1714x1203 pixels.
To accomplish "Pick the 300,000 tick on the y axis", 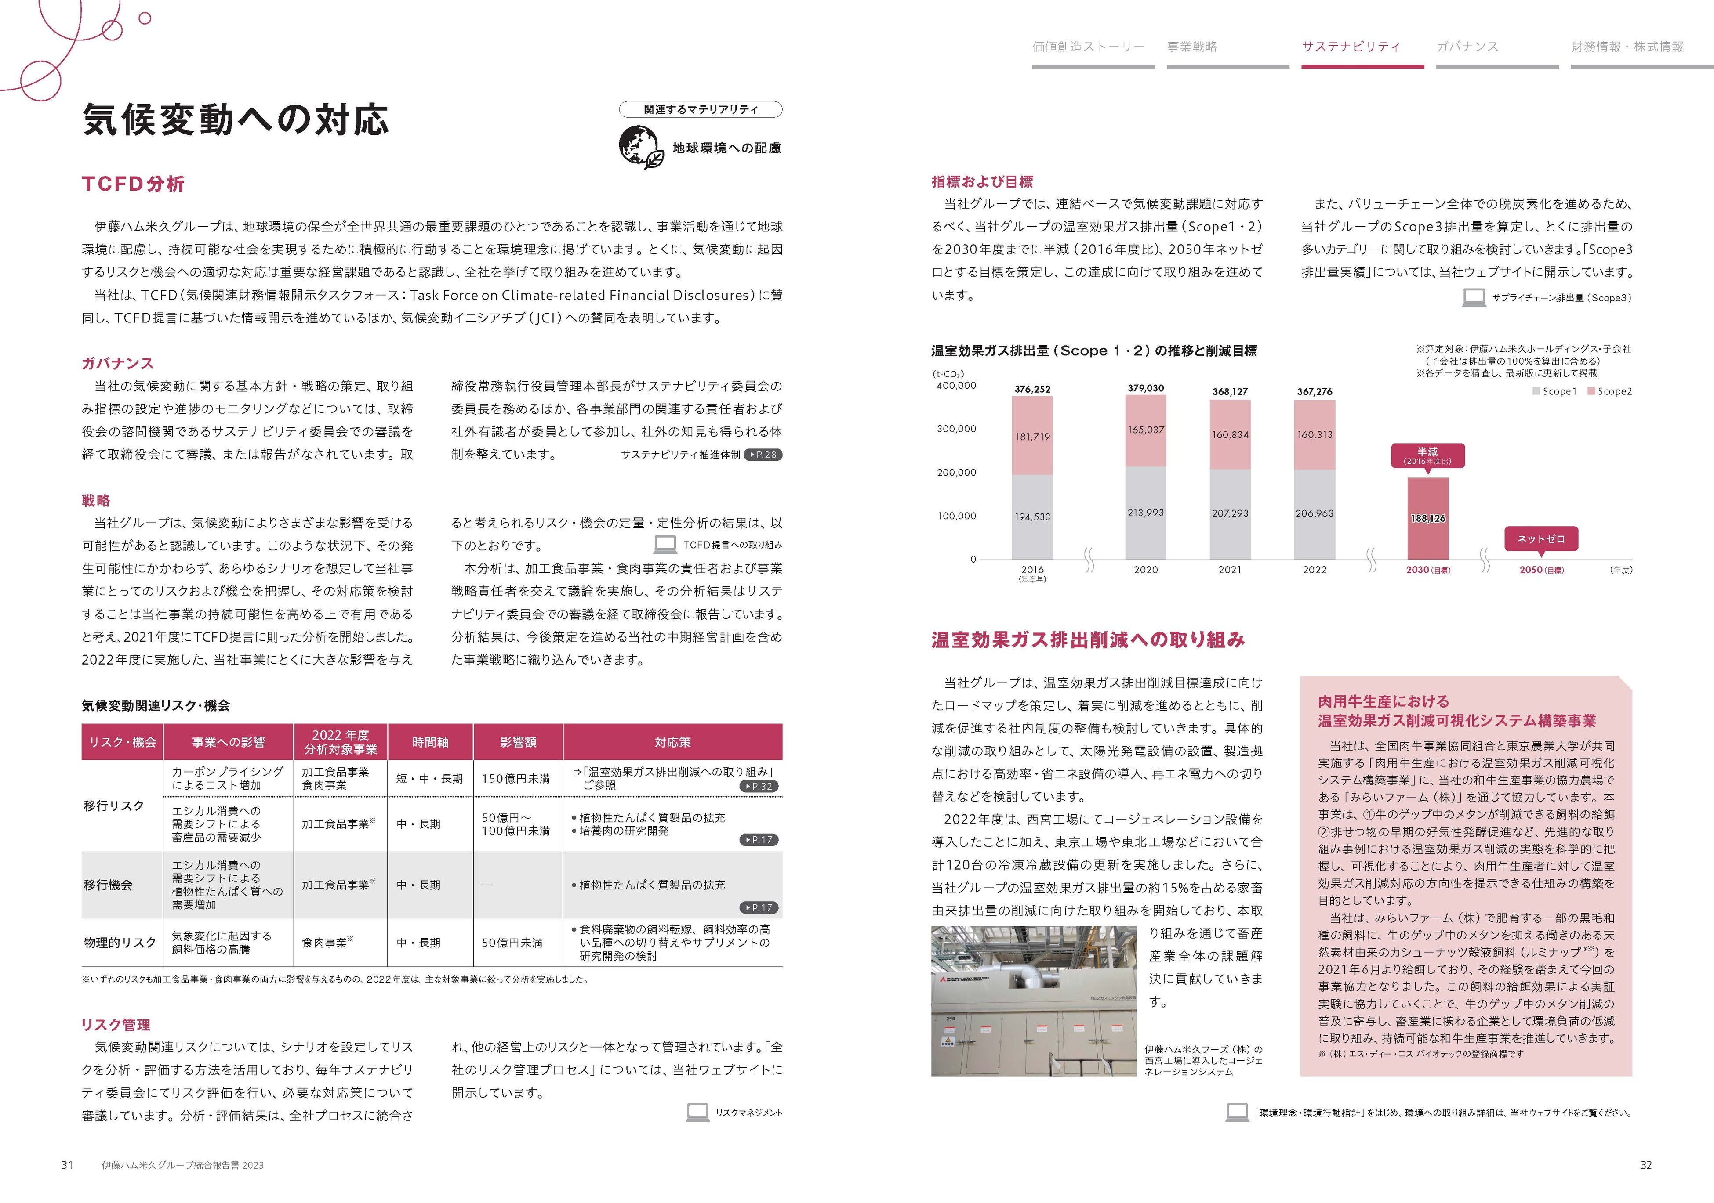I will coord(956,429).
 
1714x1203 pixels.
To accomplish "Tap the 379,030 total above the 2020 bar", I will coord(1145,388).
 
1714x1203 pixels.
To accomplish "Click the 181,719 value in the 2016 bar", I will coord(1032,437).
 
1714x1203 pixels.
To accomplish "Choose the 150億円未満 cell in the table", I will coord(515,778).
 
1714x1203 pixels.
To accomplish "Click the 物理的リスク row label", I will coord(120,943).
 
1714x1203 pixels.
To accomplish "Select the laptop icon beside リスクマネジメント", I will coord(697,1112).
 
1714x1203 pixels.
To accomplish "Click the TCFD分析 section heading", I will coord(133,184).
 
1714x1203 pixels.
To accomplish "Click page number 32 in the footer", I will coord(1646,1165).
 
